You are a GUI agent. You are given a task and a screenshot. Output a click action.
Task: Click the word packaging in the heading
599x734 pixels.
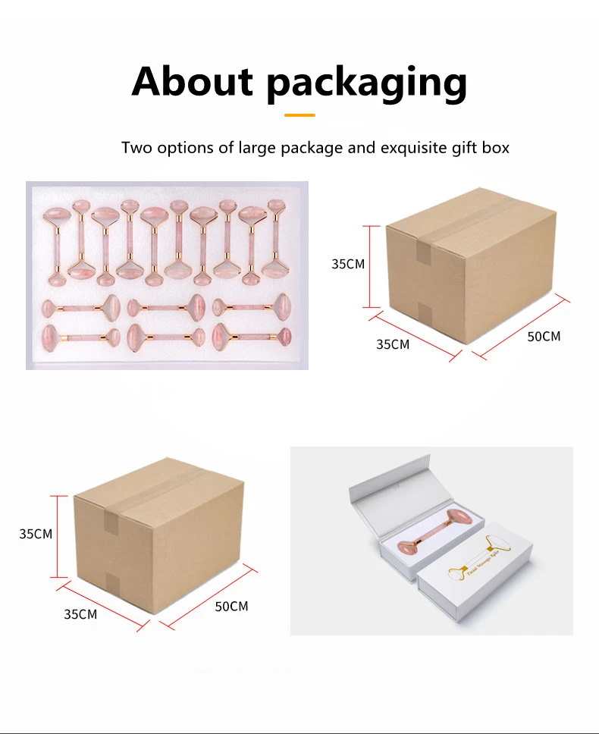[x=366, y=83]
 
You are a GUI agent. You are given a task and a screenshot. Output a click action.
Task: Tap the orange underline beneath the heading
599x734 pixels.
[x=299, y=115]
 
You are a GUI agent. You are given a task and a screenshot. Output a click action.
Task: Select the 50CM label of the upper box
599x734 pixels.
[x=544, y=336]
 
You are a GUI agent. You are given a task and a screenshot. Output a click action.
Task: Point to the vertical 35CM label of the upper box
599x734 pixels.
[x=348, y=264]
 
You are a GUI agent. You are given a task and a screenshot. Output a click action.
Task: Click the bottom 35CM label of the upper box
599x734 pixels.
[x=393, y=344]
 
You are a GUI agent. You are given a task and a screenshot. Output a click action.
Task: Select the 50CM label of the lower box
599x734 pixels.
[x=231, y=606]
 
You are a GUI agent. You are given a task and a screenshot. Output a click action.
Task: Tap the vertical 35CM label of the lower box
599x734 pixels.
[x=36, y=534]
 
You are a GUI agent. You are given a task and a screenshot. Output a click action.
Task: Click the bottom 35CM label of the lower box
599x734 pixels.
[x=80, y=614]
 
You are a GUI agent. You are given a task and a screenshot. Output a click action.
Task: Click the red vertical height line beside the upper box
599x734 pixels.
[x=370, y=266]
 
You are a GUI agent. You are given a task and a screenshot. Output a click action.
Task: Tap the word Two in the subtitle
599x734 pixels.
[x=137, y=147]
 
